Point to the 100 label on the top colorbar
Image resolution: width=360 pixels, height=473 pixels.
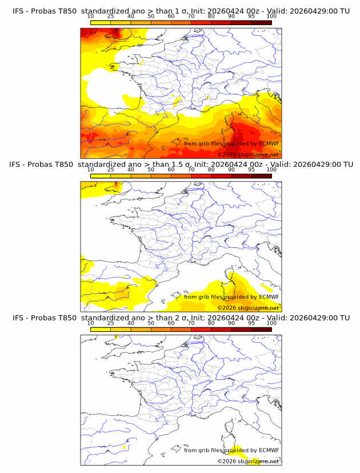[271, 17]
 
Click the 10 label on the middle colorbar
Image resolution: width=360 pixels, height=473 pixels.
[90, 170]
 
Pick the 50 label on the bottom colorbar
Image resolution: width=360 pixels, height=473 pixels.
[151, 323]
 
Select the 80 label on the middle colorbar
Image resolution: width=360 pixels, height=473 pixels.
[211, 170]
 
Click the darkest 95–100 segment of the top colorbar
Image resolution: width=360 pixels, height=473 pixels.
[262, 23]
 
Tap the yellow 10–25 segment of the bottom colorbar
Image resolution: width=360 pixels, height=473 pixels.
[101, 330]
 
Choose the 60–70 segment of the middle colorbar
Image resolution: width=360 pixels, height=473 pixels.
[181, 176]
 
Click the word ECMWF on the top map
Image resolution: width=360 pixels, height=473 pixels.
[269, 143]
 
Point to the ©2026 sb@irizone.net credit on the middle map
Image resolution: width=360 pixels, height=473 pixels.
[248, 308]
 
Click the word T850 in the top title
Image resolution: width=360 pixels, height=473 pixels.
[67, 11]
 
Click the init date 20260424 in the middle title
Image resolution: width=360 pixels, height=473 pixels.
[227, 165]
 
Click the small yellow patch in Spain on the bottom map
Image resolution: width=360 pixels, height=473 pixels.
[125, 447]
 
